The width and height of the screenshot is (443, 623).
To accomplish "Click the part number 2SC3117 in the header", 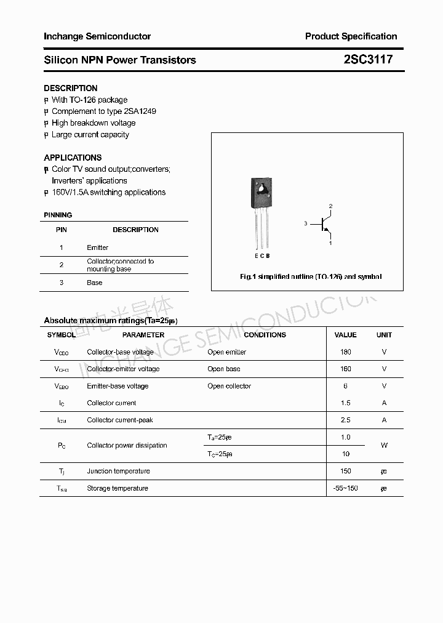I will [x=368, y=60].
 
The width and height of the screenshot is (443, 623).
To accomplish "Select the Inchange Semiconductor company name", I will [x=97, y=36].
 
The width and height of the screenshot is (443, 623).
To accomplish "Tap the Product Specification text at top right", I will [x=351, y=36].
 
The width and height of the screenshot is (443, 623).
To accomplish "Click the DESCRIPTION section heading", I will [x=70, y=88].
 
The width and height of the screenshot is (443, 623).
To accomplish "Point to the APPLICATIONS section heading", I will [x=73, y=158].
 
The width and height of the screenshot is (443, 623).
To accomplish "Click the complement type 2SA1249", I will [x=140, y=111].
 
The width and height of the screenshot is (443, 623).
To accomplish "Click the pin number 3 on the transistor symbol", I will [x=305, y=224].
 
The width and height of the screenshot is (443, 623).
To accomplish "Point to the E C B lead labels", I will [x=262, y=255].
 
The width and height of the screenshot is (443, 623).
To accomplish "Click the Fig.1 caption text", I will [x=310, y=277].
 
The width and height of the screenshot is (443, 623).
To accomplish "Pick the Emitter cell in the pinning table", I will [x=97, y=247].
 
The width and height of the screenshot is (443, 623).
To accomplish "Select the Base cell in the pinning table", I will [x=94, y=283].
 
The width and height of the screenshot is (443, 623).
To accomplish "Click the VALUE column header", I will [x=345, y=335].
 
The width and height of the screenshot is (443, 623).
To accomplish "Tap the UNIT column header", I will [x=384, y=335].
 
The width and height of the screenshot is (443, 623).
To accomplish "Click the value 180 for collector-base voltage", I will [x=345, y=352].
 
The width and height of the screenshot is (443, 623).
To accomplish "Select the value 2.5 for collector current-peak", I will [x=345, y=420].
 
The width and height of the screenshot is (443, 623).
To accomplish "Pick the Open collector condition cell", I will [x=229, y=386].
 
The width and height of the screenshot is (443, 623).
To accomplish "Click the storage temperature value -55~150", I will [x=345, y=488].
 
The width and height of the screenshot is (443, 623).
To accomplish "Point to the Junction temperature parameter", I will [x=118, y=471].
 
